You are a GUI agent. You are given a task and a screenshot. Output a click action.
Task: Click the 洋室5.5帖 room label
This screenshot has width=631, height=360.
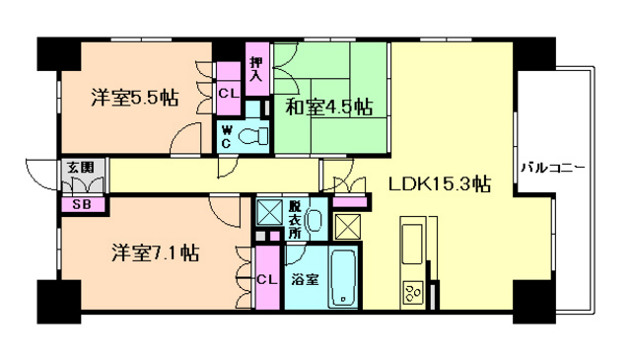135,97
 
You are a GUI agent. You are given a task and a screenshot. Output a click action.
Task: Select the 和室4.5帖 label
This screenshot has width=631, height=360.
328,107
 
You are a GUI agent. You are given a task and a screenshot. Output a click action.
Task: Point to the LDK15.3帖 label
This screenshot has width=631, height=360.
440,184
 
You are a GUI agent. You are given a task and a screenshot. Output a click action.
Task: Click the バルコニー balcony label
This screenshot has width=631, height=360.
553,167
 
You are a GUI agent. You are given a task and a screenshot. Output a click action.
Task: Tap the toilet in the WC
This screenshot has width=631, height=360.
253,136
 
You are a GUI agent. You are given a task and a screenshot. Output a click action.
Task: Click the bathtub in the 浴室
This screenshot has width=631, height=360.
343,277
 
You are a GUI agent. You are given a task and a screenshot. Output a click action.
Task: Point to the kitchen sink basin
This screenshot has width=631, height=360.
412,244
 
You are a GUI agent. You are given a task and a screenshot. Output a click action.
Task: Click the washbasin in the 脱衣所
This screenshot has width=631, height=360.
315,221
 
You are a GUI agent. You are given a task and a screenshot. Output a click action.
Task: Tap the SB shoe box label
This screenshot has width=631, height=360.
82,204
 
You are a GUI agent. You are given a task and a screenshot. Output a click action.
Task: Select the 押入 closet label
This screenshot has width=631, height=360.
256,69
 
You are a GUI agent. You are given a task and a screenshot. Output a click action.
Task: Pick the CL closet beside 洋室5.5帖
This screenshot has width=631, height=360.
229,94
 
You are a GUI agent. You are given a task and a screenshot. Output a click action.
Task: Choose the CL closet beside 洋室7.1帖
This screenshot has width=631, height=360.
267,279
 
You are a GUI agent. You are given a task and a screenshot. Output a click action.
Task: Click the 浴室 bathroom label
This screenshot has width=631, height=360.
305,279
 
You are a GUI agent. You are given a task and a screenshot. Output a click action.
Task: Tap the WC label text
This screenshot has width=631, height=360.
227,136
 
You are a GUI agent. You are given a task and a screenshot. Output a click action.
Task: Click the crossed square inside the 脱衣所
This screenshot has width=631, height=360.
269,212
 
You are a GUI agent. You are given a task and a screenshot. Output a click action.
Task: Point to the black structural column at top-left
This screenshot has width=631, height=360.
59,54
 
